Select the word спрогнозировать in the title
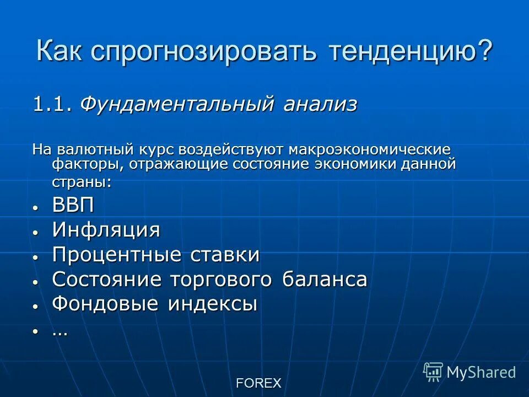click(203, 51)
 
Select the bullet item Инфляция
click(106, 230)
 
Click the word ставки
click(225, 255)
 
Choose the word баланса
click(325, 280)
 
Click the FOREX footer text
click(258, 383)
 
